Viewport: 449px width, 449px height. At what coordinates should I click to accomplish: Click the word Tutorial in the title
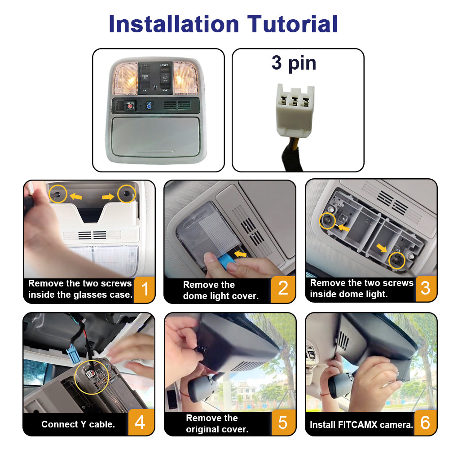point(292,24)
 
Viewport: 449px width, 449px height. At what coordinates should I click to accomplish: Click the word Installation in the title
point(174,24)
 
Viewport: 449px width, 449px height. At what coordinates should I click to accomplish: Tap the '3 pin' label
point(294,63)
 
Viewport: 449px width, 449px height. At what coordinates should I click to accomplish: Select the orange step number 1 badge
point(145,289)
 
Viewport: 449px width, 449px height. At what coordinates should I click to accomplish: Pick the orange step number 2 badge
point(283,289)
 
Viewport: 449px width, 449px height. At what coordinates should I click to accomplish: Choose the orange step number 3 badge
point(426,288)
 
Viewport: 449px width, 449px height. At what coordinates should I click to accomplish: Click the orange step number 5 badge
point(283,422)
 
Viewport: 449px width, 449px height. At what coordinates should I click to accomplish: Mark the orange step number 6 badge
point(425,423)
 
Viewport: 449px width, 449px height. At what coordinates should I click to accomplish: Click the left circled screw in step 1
point(58,194)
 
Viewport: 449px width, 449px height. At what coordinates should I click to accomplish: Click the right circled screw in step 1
point(126,194)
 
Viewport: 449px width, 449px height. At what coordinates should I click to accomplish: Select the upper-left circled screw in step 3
point(327,221)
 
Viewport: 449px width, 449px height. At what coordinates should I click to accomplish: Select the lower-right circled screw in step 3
point(396,260)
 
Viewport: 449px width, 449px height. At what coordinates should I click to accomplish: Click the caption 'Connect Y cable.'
point(78,424)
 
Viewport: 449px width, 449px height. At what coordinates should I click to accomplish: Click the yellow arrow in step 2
point(240,254)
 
